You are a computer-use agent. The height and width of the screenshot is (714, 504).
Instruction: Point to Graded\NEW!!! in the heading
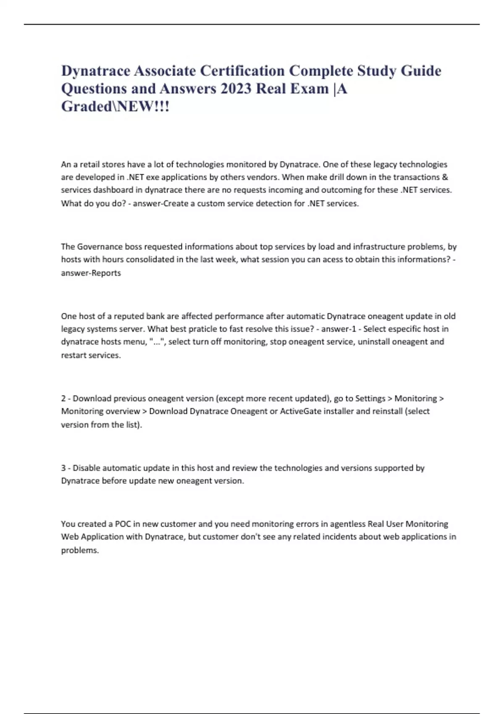(x=115, y=107)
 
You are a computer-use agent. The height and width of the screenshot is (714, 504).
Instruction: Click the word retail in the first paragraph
(x=90, y=164)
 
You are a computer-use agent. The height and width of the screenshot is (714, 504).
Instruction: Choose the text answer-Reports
(x=91, y=273)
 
